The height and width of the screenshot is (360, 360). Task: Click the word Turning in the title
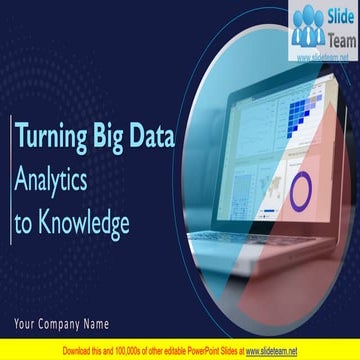(x=53, y=138)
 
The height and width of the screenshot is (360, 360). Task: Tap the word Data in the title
(x=154, y=138)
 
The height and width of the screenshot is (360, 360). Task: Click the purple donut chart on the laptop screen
(x=301, y=191)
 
